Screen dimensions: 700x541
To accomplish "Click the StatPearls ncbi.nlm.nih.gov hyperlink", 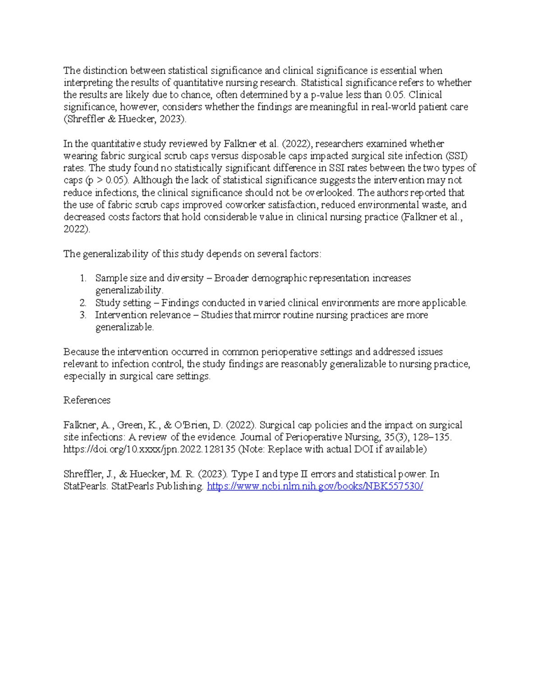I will tap(315, 486).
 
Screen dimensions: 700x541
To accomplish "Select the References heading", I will tap(87, 400).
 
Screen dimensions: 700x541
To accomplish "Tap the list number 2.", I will tap(83, 303).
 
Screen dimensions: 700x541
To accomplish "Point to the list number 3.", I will tap(83, 315).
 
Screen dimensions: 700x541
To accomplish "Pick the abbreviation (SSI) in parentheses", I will tap(457, 156).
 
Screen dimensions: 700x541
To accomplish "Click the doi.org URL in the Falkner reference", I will tap(149, 449).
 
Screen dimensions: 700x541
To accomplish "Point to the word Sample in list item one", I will tap(111, 278).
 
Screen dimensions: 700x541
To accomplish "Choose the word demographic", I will tap(279, 278).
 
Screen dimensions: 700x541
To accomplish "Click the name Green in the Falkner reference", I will tap(130, 425).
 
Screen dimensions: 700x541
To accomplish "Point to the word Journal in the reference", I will tap(255, 437).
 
